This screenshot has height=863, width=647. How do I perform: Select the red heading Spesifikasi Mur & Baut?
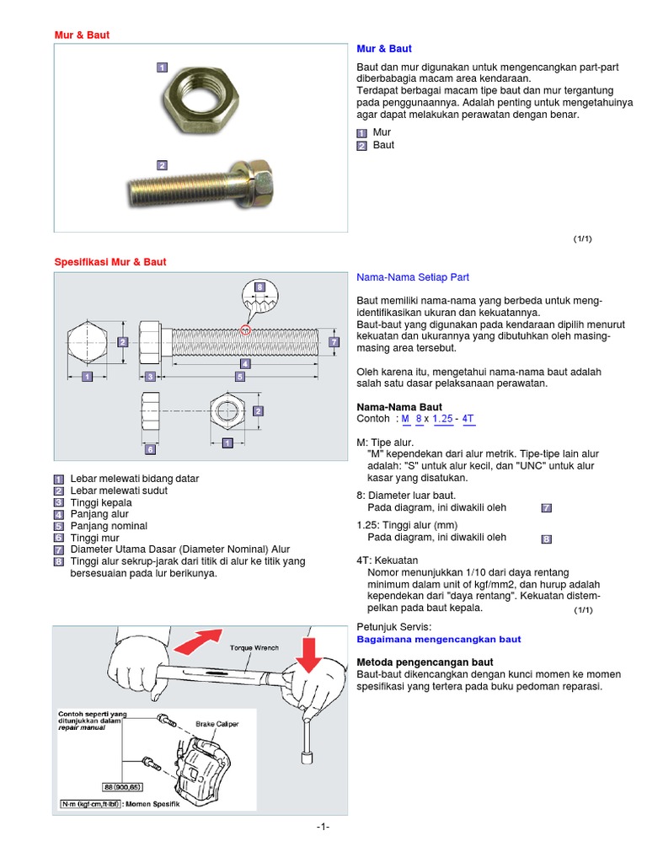pyautogui.click(x=110, y=262)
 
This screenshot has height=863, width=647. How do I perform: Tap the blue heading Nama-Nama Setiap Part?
pyautogui.click(x=413, y=276)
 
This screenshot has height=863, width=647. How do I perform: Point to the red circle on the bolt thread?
pyautogui.click(x=245, y=330)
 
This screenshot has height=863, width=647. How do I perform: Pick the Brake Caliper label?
pyautogui.click(x=217, y=723)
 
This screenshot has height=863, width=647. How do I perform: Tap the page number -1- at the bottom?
pyautogui.click(x=323, y=827)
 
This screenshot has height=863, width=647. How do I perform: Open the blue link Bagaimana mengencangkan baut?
pyautogui.click(x=439, y=640)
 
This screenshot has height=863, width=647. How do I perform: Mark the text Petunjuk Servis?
pyautogui.click(x=394, y=627)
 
